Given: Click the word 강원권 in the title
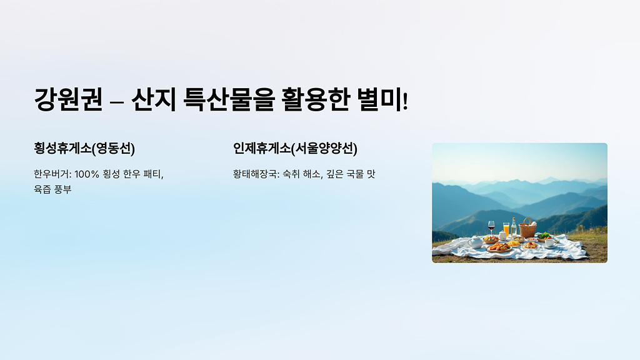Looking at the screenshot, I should [68, 100].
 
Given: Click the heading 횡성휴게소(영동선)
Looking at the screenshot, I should [84, 148].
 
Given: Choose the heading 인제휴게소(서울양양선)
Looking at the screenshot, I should [295, 148].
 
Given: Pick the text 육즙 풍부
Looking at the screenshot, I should [52, 189].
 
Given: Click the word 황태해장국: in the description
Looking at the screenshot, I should [256, 174].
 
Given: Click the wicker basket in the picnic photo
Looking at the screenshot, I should [527, 229].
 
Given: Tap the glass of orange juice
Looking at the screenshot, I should [506, 229].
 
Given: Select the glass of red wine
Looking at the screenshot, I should [491, 227].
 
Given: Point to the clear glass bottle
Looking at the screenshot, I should [514, 227].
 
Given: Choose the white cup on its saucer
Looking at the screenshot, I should [549, 243].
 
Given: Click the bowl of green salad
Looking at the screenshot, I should [544, 236].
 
